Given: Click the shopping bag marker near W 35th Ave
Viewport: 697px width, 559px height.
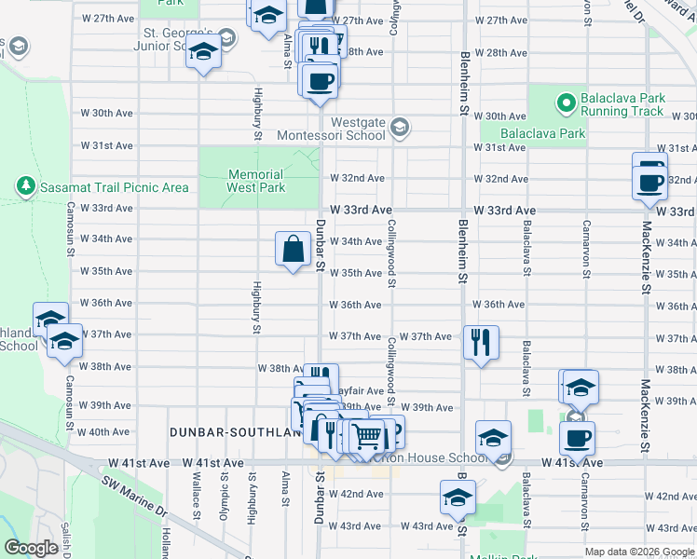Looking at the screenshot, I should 293,249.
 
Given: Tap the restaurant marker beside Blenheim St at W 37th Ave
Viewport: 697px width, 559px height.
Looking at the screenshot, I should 481,343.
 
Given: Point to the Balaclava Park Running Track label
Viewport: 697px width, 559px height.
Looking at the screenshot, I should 622,104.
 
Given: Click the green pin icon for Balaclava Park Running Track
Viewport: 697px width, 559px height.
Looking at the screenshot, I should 565,100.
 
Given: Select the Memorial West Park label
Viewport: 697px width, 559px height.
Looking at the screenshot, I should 255,181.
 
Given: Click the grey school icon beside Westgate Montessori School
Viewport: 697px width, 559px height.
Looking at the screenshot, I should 400,128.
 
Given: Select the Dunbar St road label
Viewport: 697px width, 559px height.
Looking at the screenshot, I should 320,247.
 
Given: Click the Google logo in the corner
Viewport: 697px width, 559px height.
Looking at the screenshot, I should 31,548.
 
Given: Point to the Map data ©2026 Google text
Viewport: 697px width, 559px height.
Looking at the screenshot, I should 638,552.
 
